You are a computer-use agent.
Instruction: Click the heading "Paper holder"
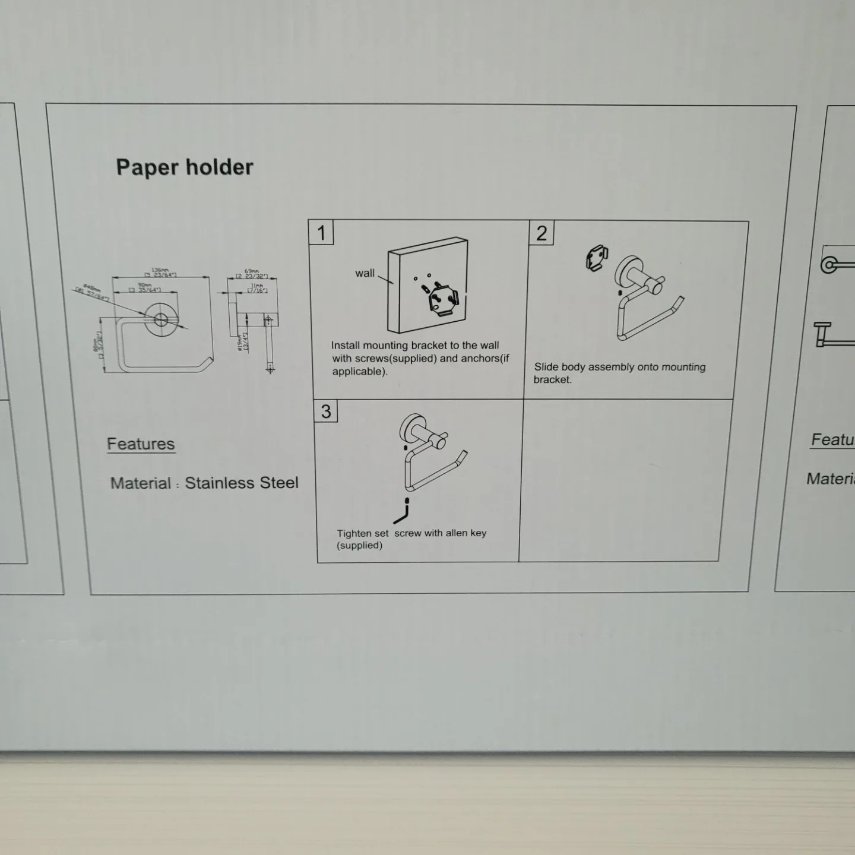[x=185, y=167]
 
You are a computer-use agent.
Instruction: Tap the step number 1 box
[x=321, y=232]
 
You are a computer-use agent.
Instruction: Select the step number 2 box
[x=541, y=233]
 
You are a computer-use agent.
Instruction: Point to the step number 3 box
[x=326, y=411]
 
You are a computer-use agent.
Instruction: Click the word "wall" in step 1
[x=365, y=273]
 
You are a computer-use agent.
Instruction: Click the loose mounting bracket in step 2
[x=596, y=259]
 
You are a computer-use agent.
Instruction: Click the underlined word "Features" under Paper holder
[x=141, y=444]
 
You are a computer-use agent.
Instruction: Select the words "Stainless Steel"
[x=242, y=483]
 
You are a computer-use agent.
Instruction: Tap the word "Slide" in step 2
[x=546, y=367]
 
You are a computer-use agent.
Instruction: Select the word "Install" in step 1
[x=345, y=345]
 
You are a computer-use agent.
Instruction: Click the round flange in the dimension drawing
[x=161, y=319]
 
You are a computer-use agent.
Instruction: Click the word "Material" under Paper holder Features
[x=141, y=483]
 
